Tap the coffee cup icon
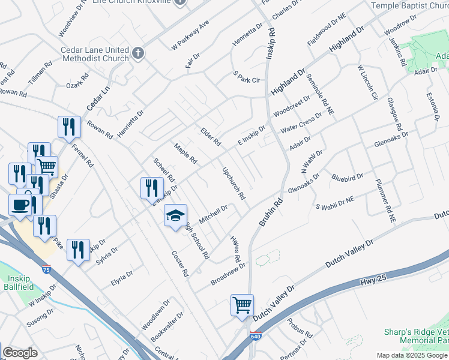[x=20, y=205]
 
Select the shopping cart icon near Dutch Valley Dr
[x=242, y=305]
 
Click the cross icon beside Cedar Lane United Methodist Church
[x=137, y=53]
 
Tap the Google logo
[x=20, y=353]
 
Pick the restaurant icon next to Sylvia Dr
[x=78, y=250]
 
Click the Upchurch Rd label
[x=234, y=183]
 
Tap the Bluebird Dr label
[x=348, y=177]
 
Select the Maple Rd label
[x=185, y=154]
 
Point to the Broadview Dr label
[x=229, y=273]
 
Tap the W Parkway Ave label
[x=190, y=35]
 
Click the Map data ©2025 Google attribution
[x=412, y=355]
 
